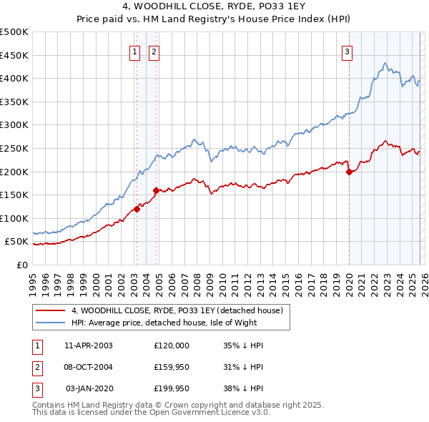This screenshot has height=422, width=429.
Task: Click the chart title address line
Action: click(215, 8)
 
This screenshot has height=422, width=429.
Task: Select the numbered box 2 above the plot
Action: click(154, 51)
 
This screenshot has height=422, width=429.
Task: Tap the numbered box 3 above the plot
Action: click(347, 51)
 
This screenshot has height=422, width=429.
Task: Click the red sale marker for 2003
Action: click(137, 210)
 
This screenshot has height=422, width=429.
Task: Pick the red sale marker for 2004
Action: click(156, 190)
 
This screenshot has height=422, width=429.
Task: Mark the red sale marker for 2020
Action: click(349, 172)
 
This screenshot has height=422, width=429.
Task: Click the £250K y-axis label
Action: click(14, 148)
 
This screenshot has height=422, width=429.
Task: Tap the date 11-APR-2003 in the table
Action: click(89, 345)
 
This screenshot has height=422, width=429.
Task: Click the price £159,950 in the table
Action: click(172, 367)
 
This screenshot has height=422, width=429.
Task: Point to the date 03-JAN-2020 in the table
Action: click(89, 388)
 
